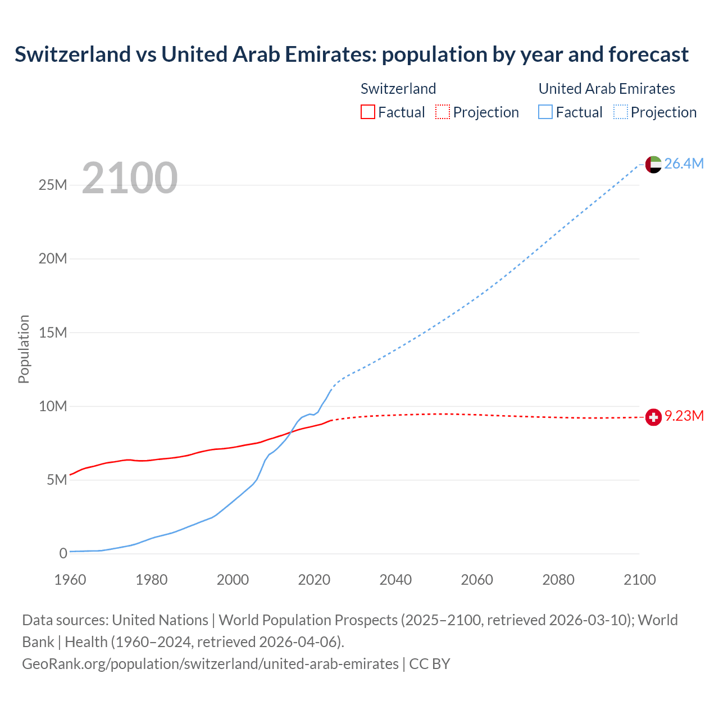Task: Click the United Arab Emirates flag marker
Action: [653, 164]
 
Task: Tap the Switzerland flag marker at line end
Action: [653, 417]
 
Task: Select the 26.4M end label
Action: [684, 163]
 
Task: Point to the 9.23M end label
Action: [684, 416]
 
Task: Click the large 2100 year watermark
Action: [130, 178]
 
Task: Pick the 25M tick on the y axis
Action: [53, 185]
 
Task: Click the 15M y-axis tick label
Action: [53, 333]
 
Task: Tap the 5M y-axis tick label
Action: [57, 480]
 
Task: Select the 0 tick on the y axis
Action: [63, 553]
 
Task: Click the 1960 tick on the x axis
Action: [70, 580]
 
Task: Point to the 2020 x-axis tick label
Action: [314, 580]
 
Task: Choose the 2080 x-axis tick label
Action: [558, 580]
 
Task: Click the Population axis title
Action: [24, 349]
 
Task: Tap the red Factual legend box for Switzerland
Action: [368, 112]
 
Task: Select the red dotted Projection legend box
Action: [443, 112]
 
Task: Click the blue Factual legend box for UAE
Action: [545, 112]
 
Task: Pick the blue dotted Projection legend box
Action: [621, 112]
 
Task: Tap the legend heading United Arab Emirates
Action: [607, 89]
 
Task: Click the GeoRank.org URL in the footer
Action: [210, 664]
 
